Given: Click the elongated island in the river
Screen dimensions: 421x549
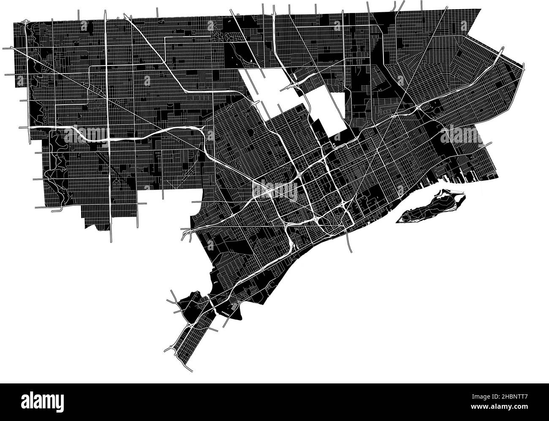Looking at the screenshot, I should tap(431, 207).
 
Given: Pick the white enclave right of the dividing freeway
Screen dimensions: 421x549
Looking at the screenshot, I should tap(327, 108).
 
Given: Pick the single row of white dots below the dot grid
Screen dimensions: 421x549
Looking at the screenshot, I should tap(227, 314).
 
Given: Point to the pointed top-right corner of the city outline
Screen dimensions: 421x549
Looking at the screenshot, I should tap(481, 9).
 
